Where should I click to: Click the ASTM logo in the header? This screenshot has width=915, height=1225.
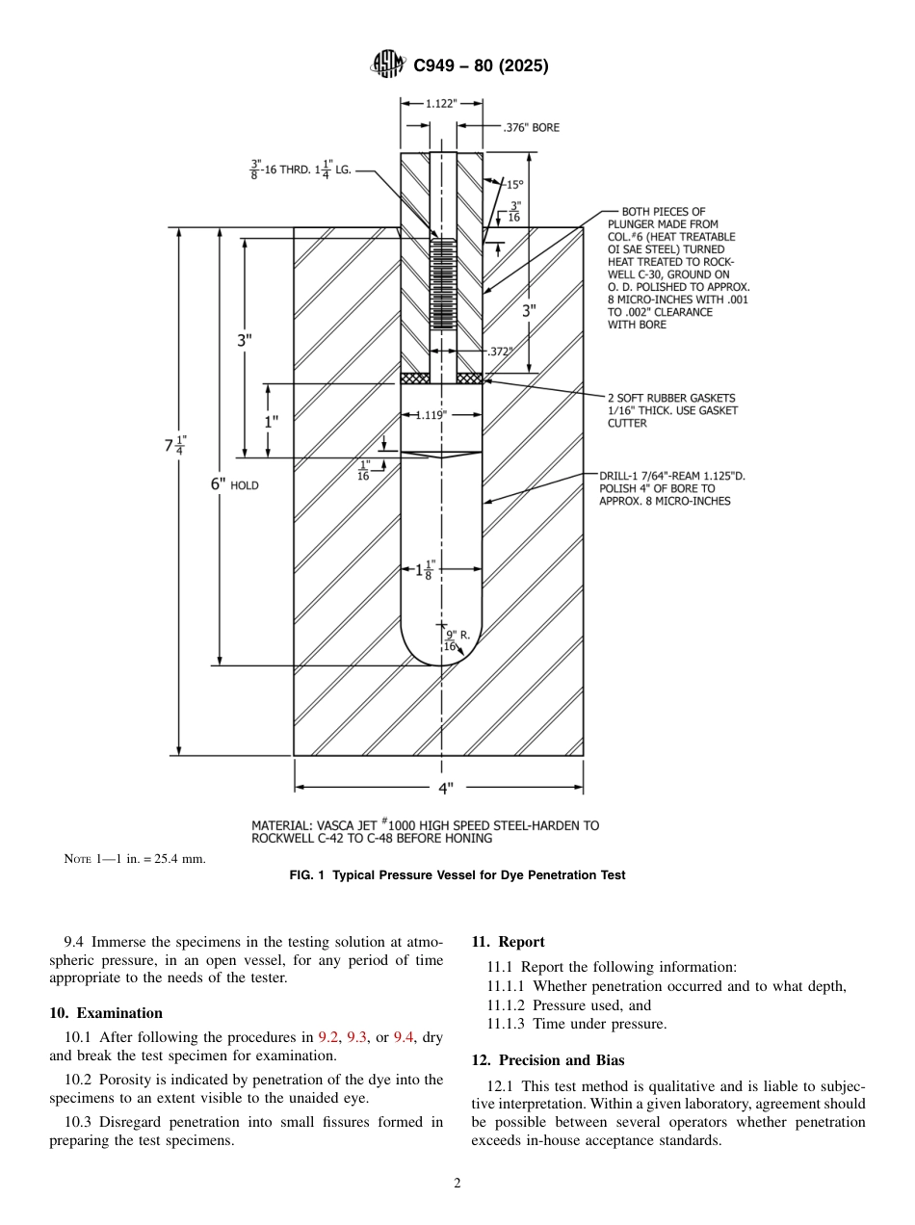388,65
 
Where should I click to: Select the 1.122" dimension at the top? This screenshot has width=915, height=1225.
442,104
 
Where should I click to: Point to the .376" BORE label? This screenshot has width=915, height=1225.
531,127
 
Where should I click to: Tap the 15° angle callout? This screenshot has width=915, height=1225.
514,184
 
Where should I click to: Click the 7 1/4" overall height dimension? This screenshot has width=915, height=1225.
174,445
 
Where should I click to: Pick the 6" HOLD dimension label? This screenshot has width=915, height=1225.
235,485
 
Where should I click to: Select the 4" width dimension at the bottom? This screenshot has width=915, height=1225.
445,788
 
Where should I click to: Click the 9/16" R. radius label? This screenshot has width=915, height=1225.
457,639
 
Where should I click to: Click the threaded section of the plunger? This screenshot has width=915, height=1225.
442,284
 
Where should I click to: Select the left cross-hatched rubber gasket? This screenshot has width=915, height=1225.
414,378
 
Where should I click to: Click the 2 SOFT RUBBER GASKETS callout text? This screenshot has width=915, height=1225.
670,410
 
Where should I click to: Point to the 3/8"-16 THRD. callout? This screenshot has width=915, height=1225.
301,169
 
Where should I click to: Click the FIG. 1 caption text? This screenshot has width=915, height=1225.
457,875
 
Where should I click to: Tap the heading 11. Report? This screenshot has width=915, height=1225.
508,942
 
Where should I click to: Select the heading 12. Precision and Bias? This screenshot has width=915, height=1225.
547,1060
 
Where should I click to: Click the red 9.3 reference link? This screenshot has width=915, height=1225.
357,1037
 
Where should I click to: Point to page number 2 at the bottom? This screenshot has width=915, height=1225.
457,1184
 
